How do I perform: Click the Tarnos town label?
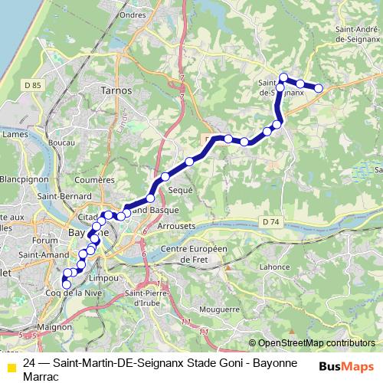point(116,90)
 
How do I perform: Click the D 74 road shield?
point(272,221)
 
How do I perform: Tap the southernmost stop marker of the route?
point(65,283)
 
